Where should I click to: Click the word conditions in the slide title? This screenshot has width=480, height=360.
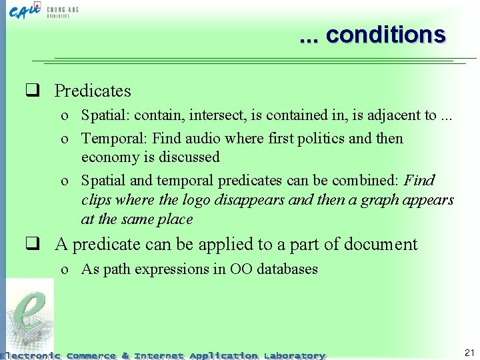tap(385, 35)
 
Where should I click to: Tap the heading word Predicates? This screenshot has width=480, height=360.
tap(93, 91)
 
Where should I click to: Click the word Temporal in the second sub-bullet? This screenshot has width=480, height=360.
tap(113, 139)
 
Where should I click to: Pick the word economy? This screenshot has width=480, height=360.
tap(107, 158)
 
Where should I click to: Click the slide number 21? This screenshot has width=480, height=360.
tap(469, 352)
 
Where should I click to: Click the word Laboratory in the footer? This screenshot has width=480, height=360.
tap(294, 356)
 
